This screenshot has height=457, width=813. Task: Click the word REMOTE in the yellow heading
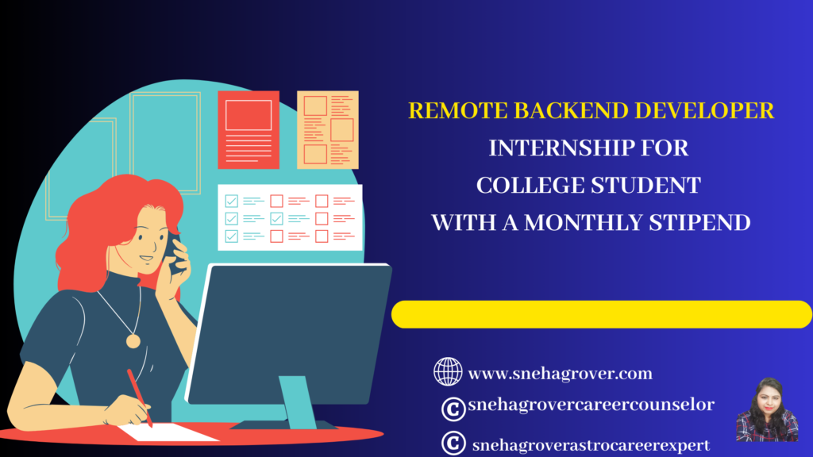tap(458, 111)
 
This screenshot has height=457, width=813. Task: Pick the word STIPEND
tap(699, 223)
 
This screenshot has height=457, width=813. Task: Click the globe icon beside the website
tap(448, 371)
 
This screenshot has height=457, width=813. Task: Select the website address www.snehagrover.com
tap(560, 374)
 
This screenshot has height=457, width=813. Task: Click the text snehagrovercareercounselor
tap(591, 404)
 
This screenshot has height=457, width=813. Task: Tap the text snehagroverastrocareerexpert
tap(591, 445)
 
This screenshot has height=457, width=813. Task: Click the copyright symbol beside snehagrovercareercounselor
tap(453, 409)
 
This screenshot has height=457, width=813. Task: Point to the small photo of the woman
tap(767, 409)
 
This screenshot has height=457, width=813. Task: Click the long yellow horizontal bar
tap(602, 314)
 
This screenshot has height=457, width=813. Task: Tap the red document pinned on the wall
tap(249, 130)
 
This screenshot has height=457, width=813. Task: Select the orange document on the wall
tap(328, 130)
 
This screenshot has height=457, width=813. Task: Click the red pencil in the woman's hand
tap(140, 397)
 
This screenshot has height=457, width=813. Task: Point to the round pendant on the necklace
tap(133, 341)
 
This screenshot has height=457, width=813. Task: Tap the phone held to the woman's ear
tap(172, 253)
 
